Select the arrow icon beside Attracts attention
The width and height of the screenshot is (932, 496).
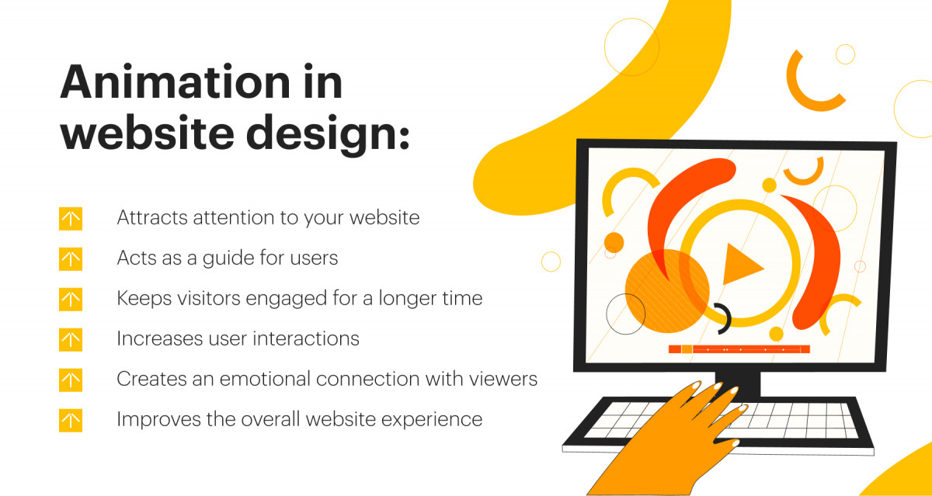[x=71, y=219]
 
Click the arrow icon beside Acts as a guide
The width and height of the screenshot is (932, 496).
[x=71, y=258]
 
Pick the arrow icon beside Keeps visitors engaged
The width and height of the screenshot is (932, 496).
[x=71, y=299]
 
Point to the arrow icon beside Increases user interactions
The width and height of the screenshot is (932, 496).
[x=71, y=339]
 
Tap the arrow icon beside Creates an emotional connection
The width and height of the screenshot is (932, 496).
[x=71, y=380]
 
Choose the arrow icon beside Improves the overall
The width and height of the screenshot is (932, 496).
[x=71, y=420]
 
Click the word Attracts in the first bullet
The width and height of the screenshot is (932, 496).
[x=151, y=218]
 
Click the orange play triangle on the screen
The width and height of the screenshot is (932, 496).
[x=741, y=265]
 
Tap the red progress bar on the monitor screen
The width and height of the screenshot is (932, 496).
[x=739, y=349]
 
